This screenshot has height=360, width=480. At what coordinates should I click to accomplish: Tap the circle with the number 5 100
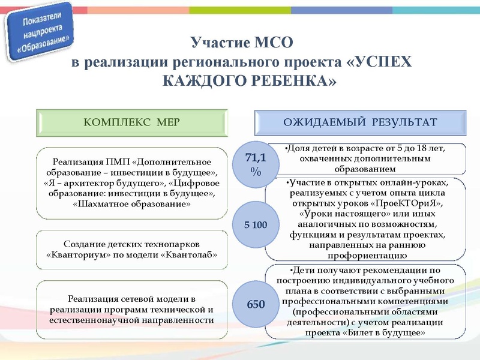click(x=256, y=224)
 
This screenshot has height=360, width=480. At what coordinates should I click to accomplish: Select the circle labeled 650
click(x=256, y=304)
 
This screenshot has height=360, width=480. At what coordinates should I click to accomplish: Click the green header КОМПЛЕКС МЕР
click(x=132, y=122)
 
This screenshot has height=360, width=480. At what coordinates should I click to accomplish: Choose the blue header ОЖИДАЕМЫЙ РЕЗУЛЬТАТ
click(x=360, y=122)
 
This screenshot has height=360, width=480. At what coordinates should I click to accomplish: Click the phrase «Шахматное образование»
click(x=132, y=204)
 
